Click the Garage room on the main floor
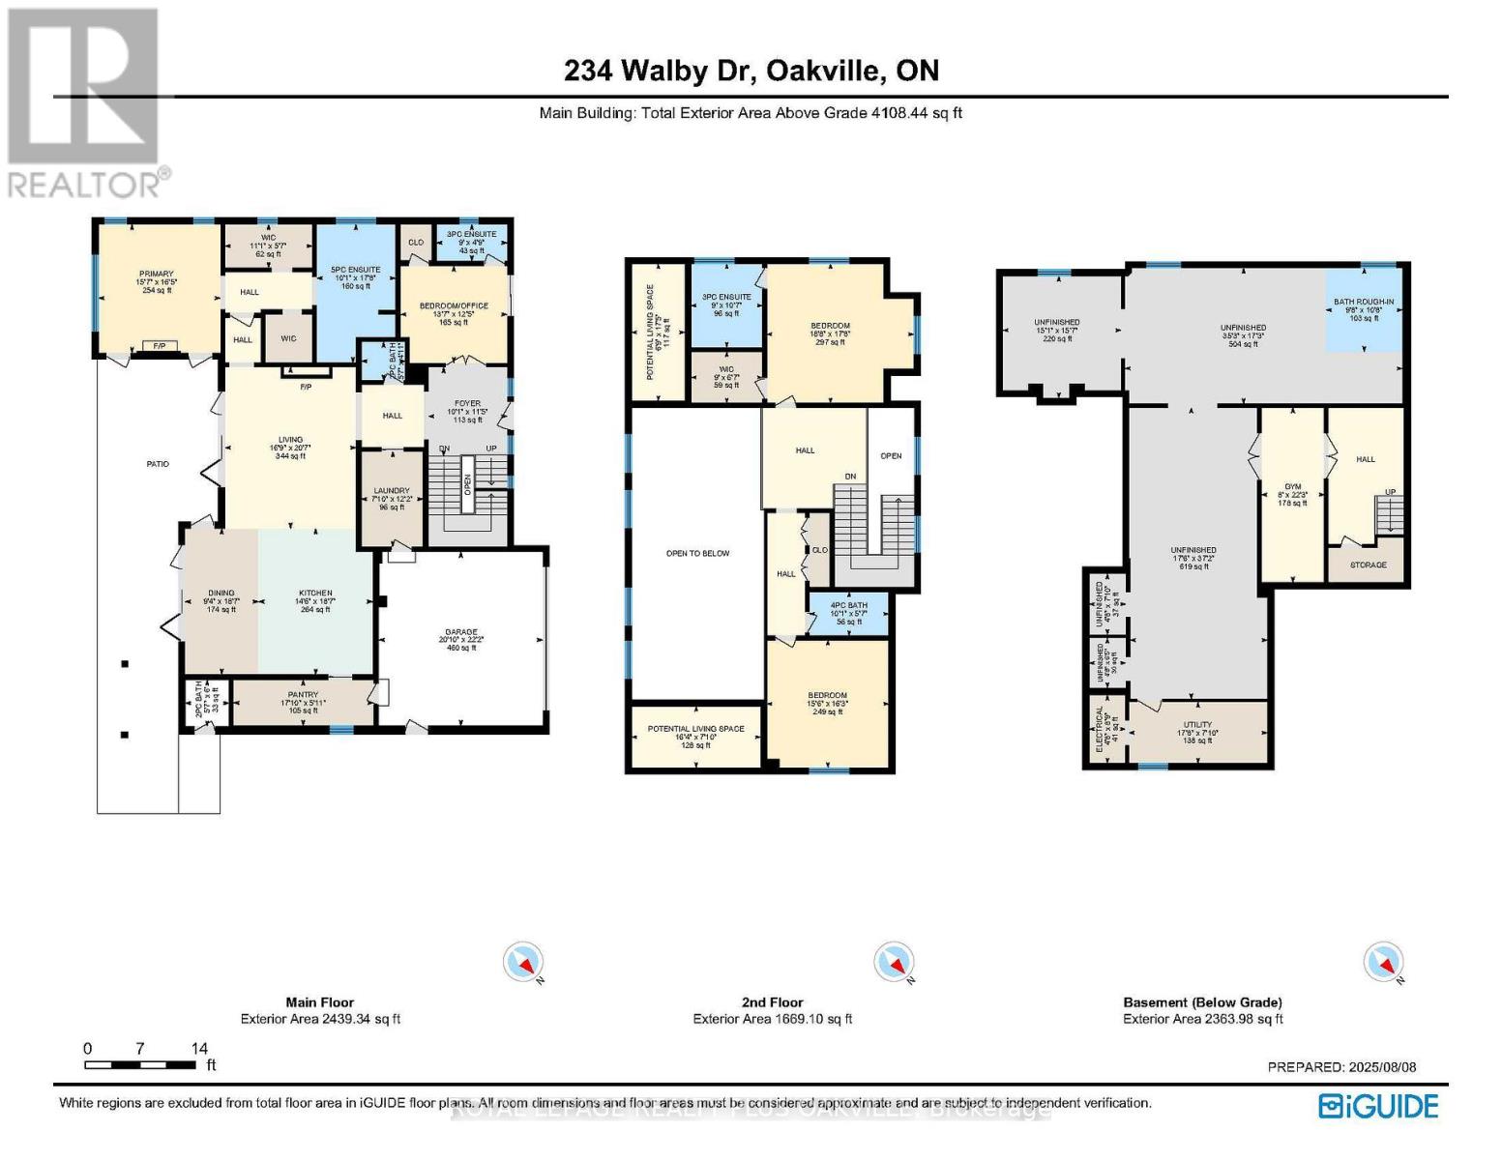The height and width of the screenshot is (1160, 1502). point(461,639)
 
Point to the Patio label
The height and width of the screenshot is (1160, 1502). point(158,464)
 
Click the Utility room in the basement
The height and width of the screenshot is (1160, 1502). point(1197,732)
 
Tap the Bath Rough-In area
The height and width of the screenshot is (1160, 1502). point(1364,309)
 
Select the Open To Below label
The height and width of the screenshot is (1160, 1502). point(697,553)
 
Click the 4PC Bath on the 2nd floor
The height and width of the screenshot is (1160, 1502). point(848,613)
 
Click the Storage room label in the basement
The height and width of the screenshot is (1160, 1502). point(1368,565)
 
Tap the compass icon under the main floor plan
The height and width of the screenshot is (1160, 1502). point(523,963)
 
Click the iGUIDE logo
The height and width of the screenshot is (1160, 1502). point(1378,1105)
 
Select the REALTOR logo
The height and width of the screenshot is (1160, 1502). point(85,101)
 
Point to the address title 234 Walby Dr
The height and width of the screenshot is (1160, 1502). point(751,71)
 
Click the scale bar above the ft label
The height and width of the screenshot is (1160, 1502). point(140,1064)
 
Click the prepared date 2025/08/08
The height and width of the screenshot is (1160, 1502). point(1341,1067)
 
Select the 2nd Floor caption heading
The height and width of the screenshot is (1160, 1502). point(773,1002)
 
